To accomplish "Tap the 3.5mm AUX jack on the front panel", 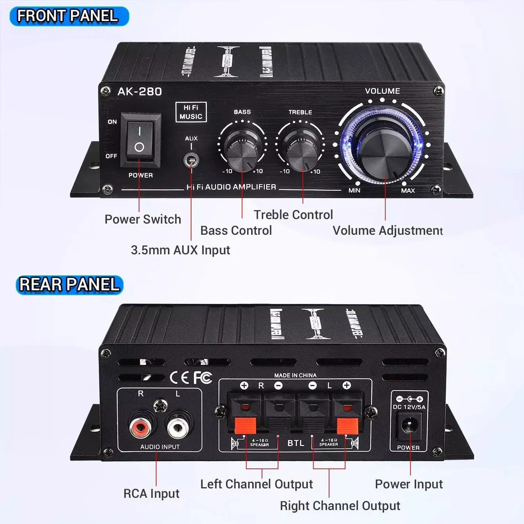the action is click(191, 160).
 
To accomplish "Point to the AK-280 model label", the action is click(140, 92).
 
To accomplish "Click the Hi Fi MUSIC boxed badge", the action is click(191, 112).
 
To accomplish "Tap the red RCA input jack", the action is click(140, 427).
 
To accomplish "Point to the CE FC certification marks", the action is click(191, 378).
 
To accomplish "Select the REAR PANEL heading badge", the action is click(69, 284).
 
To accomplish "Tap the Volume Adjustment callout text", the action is click(388, 231).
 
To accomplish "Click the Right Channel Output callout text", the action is click(340, 506).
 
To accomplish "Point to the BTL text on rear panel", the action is click(296, 443).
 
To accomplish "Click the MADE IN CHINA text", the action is click(295, 375).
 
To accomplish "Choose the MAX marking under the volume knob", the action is click(408, 191).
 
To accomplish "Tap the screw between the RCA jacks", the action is click(160, 406).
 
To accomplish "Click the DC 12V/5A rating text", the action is click(409, 407).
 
